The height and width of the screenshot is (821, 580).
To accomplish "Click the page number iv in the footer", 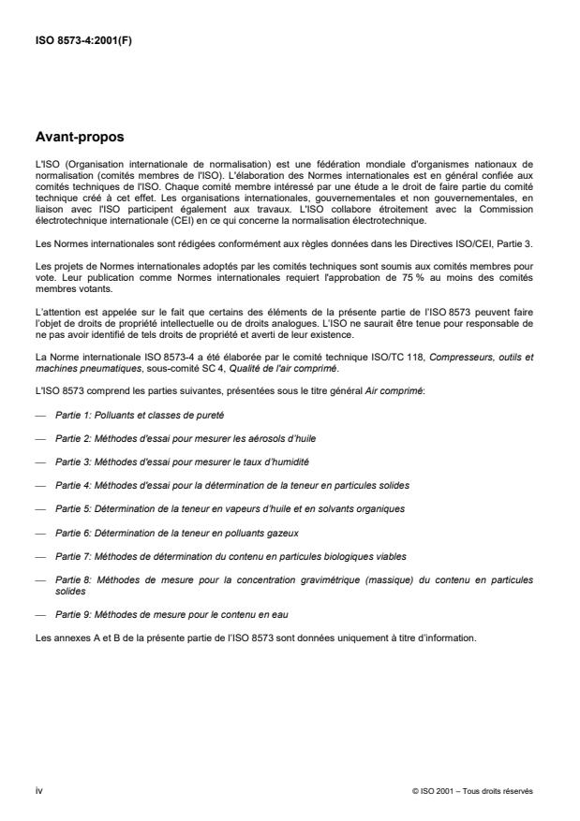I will point(38,790).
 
